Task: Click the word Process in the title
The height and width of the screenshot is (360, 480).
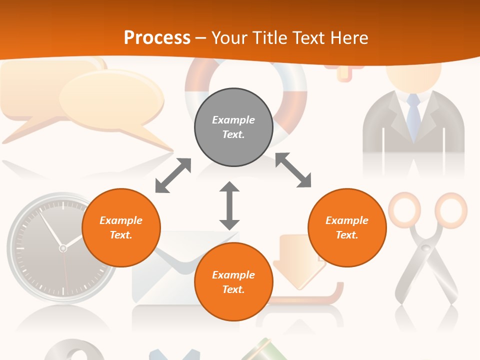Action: [157, 38]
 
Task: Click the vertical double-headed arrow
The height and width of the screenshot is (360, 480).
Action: [229, 205]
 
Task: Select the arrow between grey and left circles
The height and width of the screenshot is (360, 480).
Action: [173, 175]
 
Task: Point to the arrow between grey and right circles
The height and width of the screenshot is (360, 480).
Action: [293, 170]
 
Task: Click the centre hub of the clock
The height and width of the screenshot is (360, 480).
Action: [62, 247]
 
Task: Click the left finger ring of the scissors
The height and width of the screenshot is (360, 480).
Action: [404, 208]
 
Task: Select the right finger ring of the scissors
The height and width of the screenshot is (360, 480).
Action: [450, 208]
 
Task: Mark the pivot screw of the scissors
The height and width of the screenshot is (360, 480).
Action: [426, 247]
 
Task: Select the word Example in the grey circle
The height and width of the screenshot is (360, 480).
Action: [233, 120]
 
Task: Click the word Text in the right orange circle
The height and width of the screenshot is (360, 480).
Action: [346, 235]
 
